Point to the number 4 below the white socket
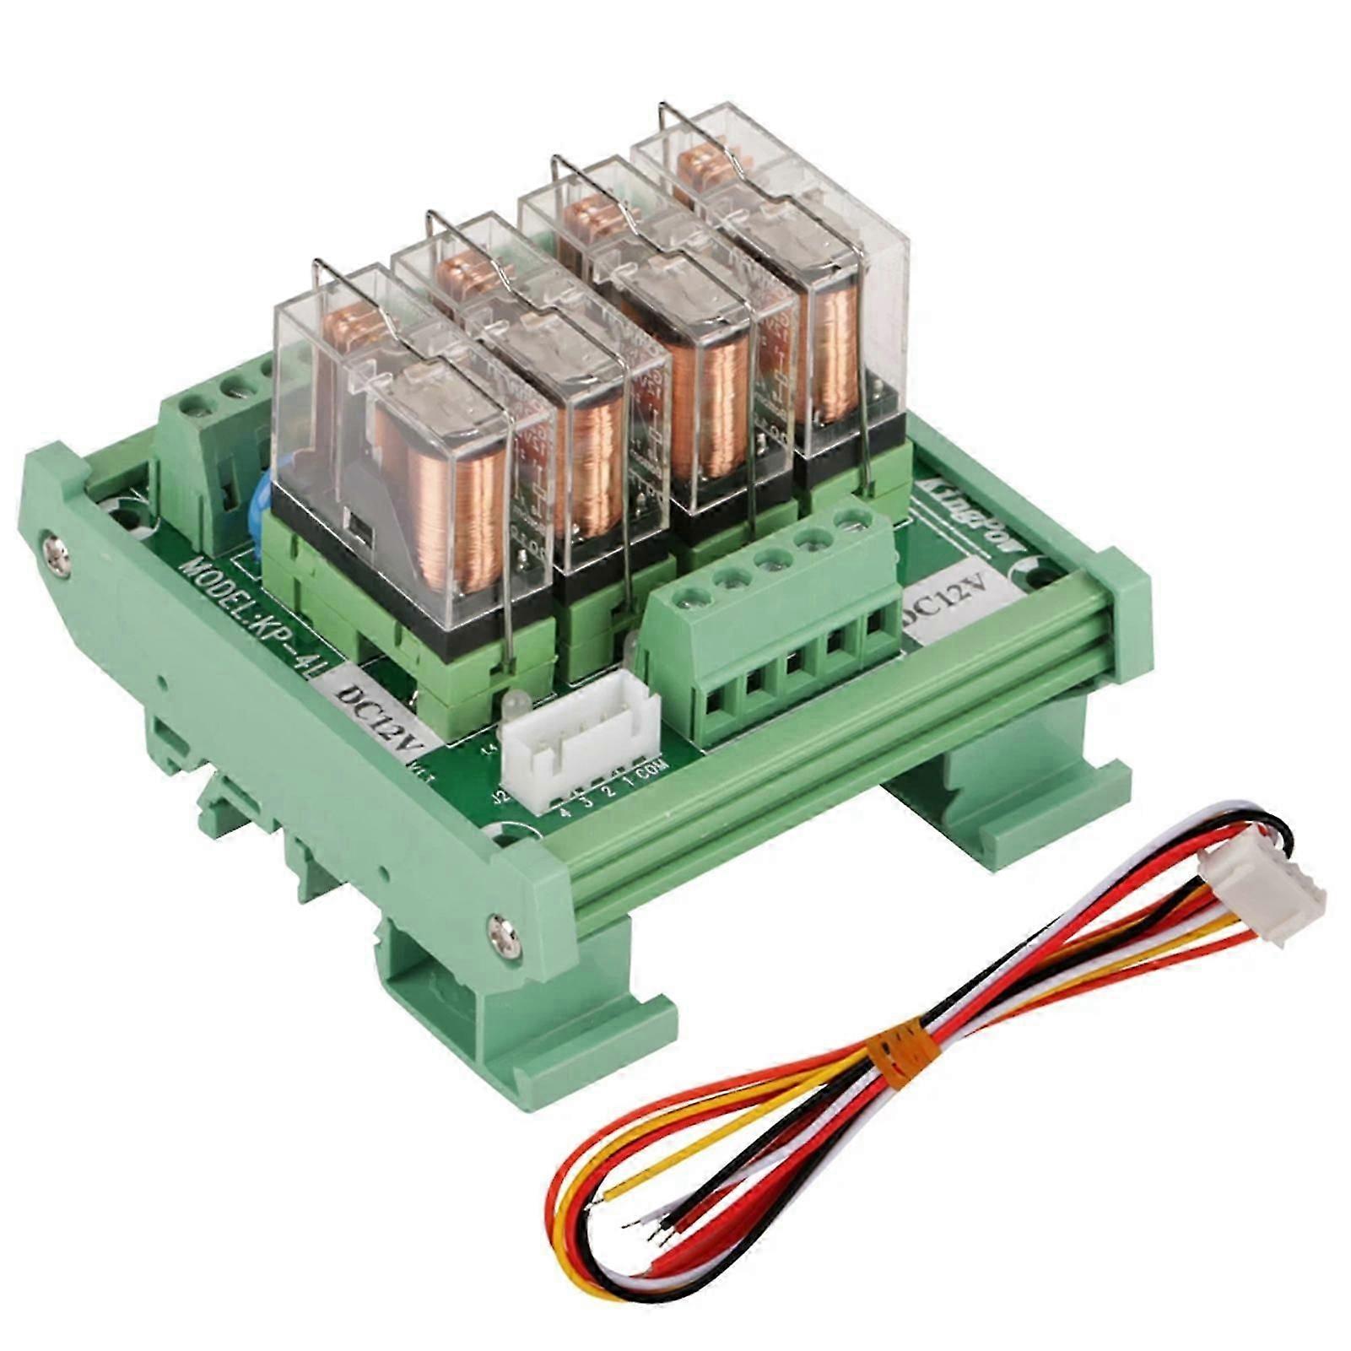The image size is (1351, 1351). [563, 813]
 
